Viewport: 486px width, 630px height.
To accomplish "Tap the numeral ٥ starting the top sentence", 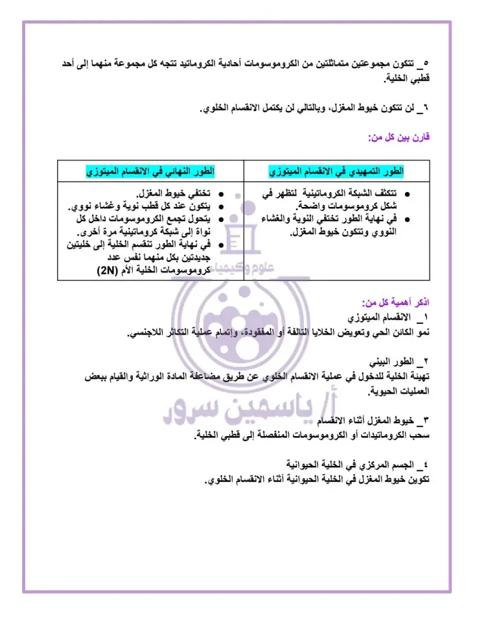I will click(x=426, y=65).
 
